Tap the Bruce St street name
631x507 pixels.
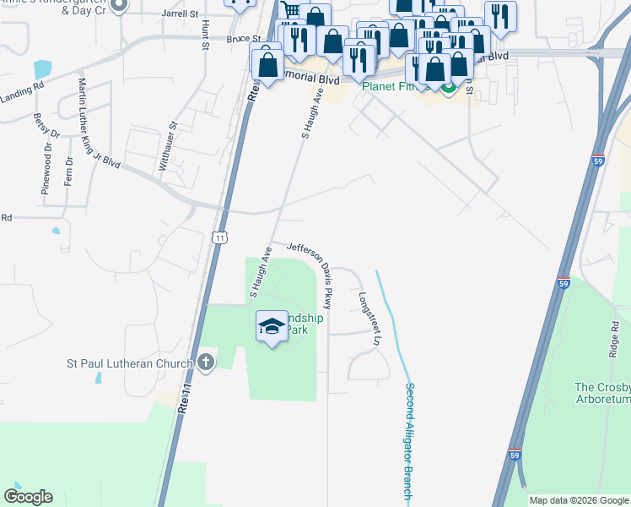(243, 39)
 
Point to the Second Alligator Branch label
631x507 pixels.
(409, 440)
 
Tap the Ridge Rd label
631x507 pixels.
(614, 337)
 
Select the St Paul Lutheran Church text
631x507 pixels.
(130, 364)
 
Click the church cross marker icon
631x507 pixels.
(204, 363)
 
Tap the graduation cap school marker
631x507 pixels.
(272, 326)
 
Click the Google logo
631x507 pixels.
(28, 497)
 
